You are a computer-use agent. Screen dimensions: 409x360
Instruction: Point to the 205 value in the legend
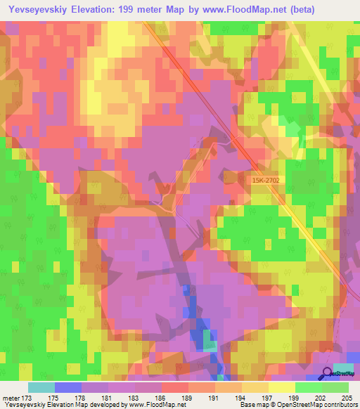(x=345, y=397)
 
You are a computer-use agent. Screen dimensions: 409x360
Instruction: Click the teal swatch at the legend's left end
(x=41, y=387)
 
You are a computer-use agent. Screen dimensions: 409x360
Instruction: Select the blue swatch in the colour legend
(x=68, y=387)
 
